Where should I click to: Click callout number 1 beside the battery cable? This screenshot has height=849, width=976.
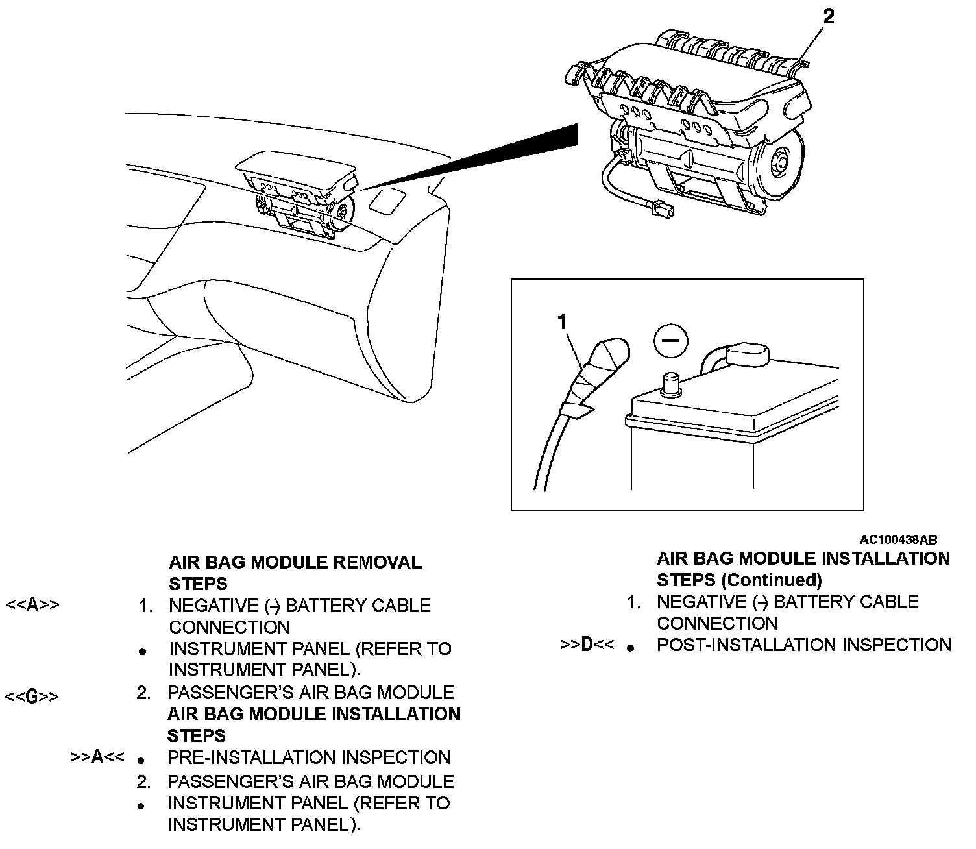tap(562, 321)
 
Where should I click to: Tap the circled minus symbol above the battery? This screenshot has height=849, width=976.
tap(670, 340)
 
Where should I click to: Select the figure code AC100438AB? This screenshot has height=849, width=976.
tap(898, 540)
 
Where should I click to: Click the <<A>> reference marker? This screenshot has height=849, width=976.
tap(32, 606)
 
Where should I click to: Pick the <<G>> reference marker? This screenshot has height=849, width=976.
tap(32, 696)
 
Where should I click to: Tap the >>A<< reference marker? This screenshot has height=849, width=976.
tap(97, 757)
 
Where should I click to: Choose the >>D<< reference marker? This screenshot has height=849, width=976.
tap(587, 645)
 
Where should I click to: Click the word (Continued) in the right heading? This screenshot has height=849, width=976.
tap(771, 580)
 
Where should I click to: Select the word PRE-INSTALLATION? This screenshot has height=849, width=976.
tap(252, 757)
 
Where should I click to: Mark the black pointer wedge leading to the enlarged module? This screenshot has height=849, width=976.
tap(493, 156)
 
